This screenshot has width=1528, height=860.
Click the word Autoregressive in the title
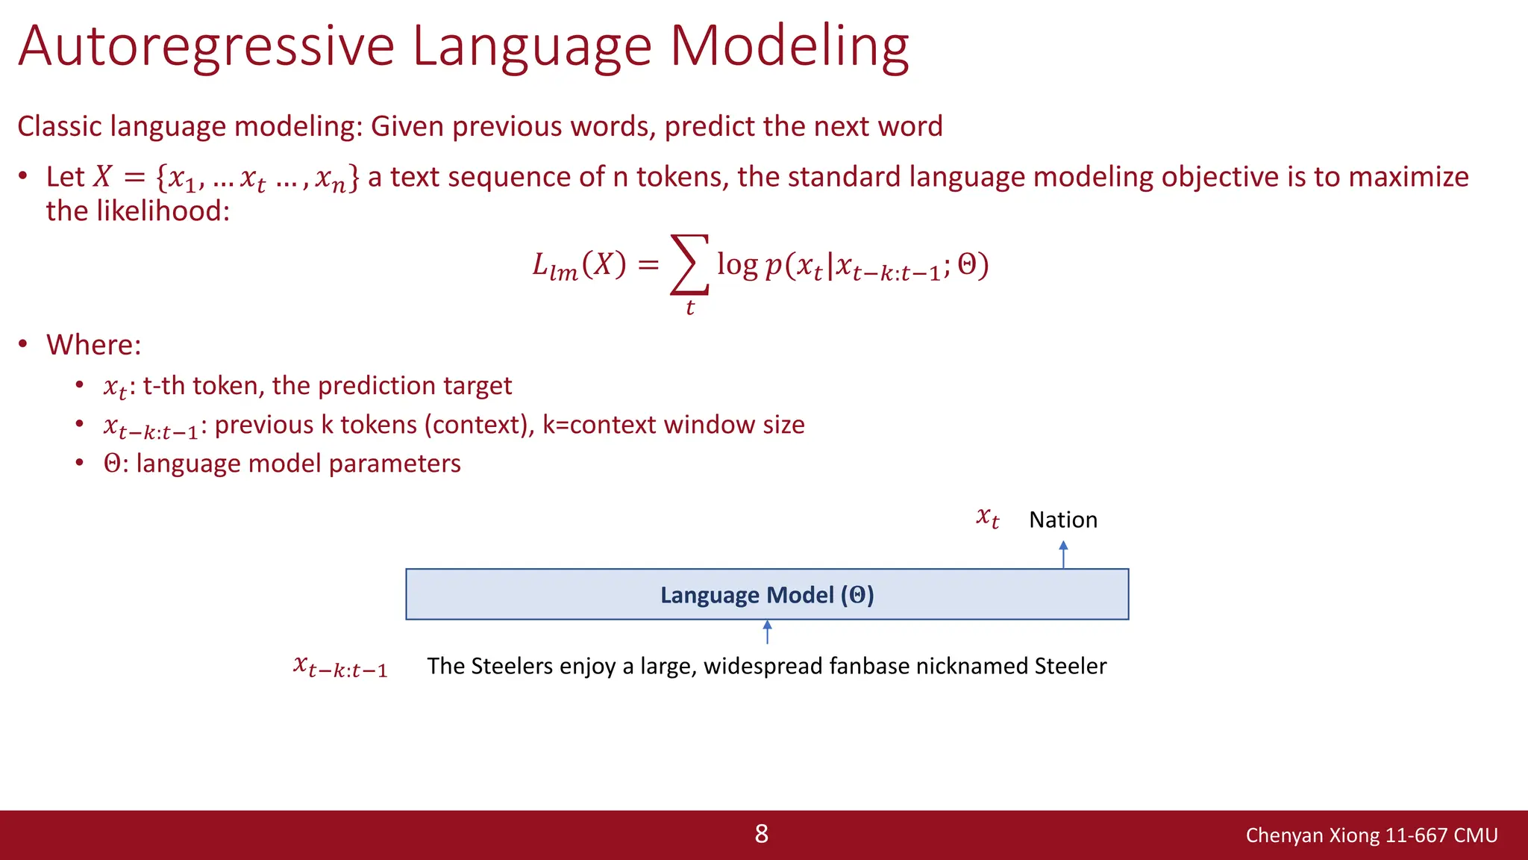tap(206, 46)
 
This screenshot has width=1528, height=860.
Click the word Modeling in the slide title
tap(789, 46)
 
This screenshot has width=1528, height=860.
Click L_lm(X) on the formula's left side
tap(579, 266)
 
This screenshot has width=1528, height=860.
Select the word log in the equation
tap(737, 264)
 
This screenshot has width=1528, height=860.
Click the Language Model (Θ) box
tap(767, 595)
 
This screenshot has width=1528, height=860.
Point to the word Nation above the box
tap(1063, 520)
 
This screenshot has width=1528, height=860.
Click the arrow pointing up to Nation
tap(1063, 555)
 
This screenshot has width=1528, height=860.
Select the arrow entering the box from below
tap(767, 632)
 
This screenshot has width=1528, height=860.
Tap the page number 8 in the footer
tap(761, 834)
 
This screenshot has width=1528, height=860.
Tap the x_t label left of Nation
tap(988, 517)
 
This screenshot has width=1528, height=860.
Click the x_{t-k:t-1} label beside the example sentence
tap(340, 667)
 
